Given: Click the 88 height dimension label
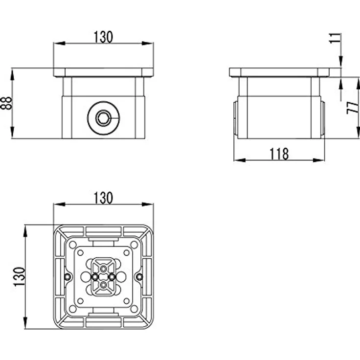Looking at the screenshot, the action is tap(6, 103).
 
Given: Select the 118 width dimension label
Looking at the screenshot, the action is tap(279, 154).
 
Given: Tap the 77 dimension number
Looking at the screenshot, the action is tap(353, 108).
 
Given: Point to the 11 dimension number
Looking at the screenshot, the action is tap(335, 38).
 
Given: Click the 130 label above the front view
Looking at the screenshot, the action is tap(103, 37).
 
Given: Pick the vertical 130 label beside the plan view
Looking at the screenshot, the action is tap(19, 277).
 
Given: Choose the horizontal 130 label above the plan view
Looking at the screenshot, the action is tap(103, 198).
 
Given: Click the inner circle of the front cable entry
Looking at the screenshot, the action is tap(103, 118).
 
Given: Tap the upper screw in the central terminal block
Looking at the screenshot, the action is tap(104, 269).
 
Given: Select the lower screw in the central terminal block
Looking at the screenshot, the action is tap(104, 285).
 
